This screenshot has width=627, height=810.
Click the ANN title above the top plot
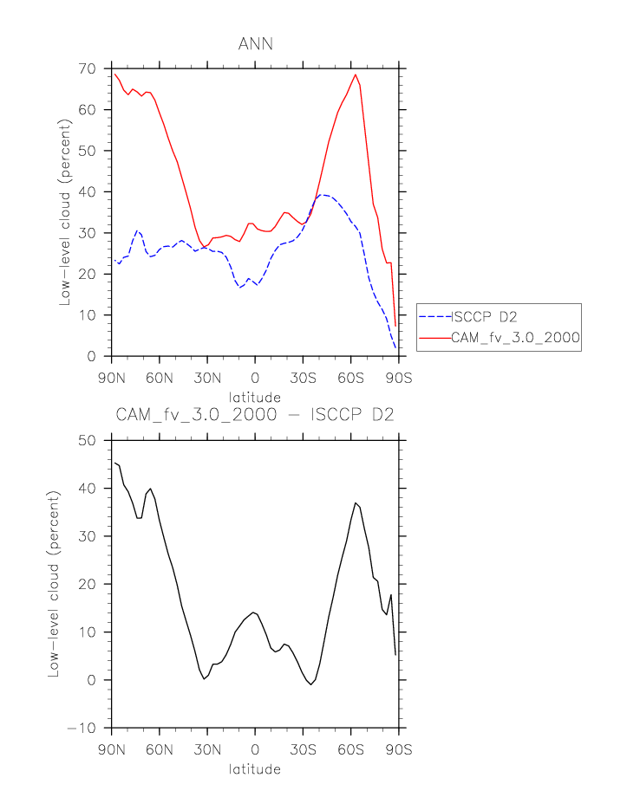pos(255,44)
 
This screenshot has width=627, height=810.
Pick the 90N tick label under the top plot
pos(111,378)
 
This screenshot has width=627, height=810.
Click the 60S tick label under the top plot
pos(350,378)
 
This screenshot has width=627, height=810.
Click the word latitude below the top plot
pos(255,398)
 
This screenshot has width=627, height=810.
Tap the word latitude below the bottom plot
pos(255,768)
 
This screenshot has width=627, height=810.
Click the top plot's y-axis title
pos(65,213)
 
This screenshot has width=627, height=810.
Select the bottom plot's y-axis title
pos(55,584)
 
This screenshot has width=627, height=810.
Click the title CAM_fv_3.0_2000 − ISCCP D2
pos(255,415)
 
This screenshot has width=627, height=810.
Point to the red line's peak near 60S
pos(356,75)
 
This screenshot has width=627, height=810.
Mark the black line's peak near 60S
pos(355,502)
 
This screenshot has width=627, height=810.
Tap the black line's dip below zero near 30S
pos(311,684)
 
